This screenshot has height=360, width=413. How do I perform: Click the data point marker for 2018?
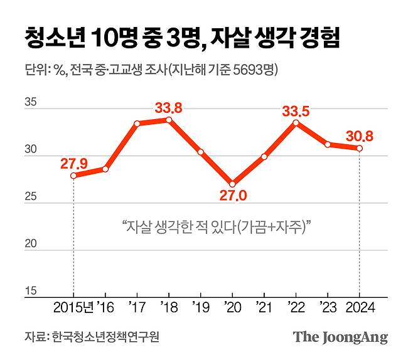pos(169,119)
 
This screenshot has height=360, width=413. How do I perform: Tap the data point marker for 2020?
pos(232,184)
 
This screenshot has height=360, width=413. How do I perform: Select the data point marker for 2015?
pos(73,176)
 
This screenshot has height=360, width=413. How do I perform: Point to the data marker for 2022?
pos(296,122)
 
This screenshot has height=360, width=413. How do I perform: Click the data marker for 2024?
pos(359,148)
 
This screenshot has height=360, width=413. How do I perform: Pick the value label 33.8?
pos(169,107)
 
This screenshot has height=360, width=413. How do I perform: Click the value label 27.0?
pos(232,197)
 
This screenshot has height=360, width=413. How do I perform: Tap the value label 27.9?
pos(73,164)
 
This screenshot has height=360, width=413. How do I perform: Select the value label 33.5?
pos(296,111)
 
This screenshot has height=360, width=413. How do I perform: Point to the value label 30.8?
pos(360,135)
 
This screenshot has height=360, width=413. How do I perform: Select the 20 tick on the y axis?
pos(30,244)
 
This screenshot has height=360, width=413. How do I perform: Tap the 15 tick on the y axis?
pos(30,291)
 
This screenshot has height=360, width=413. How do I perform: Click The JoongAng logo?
pos(340,337)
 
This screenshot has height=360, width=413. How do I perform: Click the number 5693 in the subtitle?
pos(235,70)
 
